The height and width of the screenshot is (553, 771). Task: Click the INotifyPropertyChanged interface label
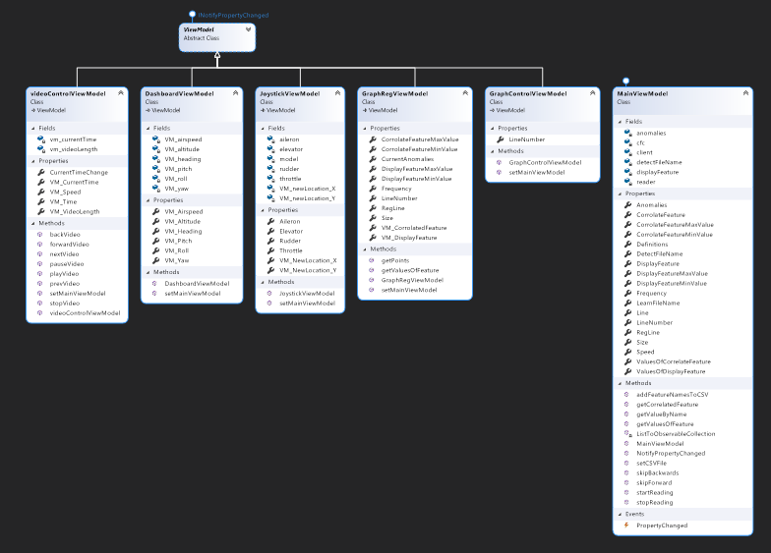click(232, 16)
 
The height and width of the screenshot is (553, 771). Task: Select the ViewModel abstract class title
click(199, 29)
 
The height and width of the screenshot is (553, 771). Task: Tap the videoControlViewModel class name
click(68, 93)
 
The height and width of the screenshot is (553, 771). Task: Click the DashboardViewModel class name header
click(179, 93)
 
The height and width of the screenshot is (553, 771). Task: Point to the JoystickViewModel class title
click(289, 93)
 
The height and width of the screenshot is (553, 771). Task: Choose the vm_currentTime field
click(73, 139)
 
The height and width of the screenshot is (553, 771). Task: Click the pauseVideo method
click(67, 263)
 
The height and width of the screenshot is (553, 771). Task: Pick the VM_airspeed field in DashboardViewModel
click(183, 139)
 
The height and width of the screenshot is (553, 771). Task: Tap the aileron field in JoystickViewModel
click(290, 139)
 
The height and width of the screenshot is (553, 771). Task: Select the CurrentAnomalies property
click(408, 158)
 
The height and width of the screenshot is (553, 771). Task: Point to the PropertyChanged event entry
click(662, 525)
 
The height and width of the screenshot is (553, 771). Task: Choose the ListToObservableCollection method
click(676, 433)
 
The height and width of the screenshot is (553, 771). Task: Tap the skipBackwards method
click(658, 472)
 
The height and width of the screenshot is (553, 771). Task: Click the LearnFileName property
click(658, 303)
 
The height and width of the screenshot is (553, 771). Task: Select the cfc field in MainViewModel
click(641, 142)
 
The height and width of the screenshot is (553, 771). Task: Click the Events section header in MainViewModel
click(634, 514)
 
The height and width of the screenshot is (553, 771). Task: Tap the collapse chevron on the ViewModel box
click(249, 29)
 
